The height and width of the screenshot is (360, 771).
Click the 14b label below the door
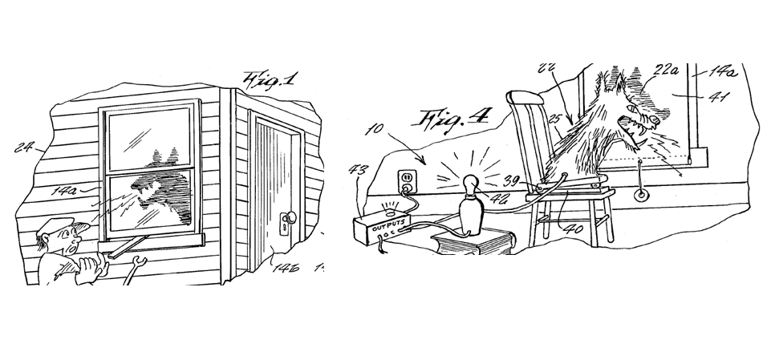pyautogui.click(x=286, y=267)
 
